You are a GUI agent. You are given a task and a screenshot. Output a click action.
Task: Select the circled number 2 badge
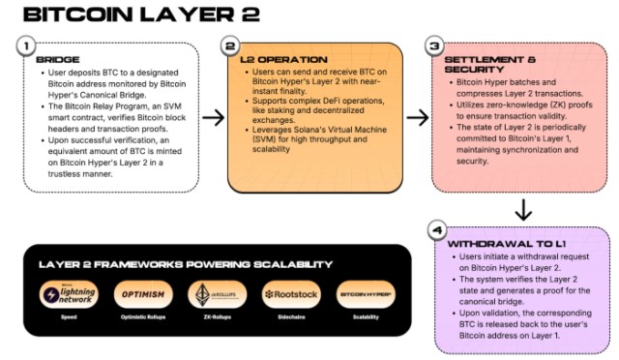click(229, 45)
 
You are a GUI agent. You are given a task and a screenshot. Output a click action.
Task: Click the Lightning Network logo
click(68, 295)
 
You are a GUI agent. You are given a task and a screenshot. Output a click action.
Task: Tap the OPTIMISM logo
click(142, 294)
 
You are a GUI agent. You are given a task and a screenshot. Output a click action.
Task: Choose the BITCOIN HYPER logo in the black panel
click(366, 294)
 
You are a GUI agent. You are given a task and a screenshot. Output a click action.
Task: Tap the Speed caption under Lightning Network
click(68, 317)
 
